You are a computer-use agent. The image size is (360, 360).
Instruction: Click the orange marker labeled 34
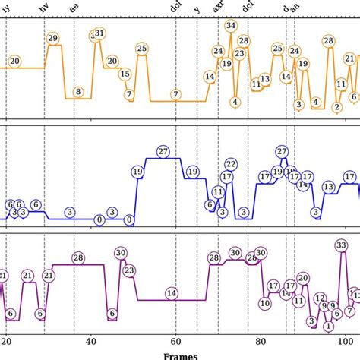tap(231, 26)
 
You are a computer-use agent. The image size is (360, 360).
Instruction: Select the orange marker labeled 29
tap(52, 38)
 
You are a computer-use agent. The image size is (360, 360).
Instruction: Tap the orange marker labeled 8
tap(78, 93)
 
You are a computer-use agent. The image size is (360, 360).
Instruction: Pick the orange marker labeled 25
tap(142, 49)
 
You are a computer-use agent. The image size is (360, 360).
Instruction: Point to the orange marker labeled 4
tap(235, 102)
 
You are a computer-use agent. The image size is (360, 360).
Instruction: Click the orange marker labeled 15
tap(125, 74)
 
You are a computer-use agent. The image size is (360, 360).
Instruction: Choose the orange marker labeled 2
tap(336, 107)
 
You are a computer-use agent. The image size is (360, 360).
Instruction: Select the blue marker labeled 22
tap(231, 163)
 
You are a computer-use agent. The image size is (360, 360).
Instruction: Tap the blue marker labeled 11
tap(219, 192)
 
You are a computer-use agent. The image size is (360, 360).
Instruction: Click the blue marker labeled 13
tap(328, 186)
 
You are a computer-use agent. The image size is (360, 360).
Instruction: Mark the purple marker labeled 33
tap(342, 245)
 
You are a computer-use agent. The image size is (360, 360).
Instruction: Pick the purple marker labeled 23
tap(129, 270)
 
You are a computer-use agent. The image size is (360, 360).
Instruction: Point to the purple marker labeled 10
tap(265, 302)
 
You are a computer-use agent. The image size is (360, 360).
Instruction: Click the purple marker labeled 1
tap(328, 326)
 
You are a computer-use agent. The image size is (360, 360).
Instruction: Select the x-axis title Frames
tap(179, 355)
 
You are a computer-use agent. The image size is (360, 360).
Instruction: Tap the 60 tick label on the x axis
tap(175, 340)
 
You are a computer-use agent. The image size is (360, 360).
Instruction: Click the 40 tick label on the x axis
tap(91, 340)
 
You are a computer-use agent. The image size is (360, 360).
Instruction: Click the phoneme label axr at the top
tap(219, 8)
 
